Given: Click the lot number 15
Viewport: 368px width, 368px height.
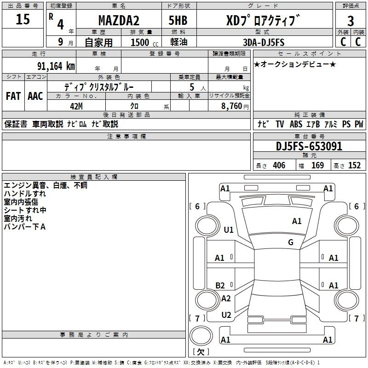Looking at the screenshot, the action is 23,19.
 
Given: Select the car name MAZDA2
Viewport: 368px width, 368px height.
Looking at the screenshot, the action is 119,20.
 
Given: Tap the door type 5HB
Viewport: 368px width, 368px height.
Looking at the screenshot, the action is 178,20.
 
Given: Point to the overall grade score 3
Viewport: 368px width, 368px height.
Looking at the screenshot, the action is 351,21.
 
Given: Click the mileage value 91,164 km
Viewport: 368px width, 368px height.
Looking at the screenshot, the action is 56,66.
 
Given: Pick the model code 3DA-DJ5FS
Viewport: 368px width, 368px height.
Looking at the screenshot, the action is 264,42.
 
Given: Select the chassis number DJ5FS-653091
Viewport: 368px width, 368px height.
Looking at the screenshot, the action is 309,146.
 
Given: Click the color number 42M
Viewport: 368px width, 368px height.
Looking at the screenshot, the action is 76,106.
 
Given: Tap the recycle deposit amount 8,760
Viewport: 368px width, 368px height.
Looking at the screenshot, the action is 231,106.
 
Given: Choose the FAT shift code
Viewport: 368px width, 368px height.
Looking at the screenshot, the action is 13,96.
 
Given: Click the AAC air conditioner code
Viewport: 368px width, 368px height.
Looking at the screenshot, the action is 35,96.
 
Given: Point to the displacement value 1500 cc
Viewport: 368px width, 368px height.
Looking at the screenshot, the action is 144,42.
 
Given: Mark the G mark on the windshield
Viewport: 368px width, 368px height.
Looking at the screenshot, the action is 291,242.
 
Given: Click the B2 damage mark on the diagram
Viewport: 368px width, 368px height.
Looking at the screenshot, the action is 220,285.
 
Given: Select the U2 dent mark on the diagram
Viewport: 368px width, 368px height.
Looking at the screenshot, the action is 226,315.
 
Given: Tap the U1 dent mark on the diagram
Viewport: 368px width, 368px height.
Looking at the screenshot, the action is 229,230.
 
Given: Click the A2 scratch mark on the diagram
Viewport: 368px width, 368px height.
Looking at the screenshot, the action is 226,298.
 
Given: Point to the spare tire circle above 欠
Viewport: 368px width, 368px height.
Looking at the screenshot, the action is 201,335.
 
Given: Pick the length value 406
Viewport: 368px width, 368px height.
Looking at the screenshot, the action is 279,166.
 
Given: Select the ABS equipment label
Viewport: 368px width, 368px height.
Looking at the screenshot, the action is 296,124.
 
